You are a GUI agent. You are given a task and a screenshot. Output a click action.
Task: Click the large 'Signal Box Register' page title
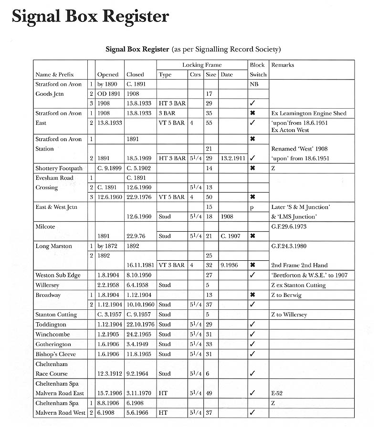tap(90, 16)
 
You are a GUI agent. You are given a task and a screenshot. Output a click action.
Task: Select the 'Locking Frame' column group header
tap(202, 65)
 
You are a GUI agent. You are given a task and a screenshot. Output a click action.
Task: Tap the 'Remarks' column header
tap(283, 65)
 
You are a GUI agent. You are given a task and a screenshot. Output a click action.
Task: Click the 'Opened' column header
tap(108, 75)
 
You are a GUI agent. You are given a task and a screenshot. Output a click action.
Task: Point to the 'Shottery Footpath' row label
tap(59, 168)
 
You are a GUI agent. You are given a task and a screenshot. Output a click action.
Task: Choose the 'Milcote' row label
tap(45, 227)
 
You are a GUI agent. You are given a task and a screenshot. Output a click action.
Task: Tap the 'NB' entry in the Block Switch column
tap(253, 84)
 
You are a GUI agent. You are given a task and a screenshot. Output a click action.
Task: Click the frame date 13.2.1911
tap(233, 158)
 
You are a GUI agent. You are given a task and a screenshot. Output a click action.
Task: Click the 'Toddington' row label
tap(51, 324)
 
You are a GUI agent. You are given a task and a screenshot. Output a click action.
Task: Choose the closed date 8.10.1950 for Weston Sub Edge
tap(139, 275)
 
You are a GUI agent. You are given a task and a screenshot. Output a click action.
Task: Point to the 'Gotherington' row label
tap(53, 344)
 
